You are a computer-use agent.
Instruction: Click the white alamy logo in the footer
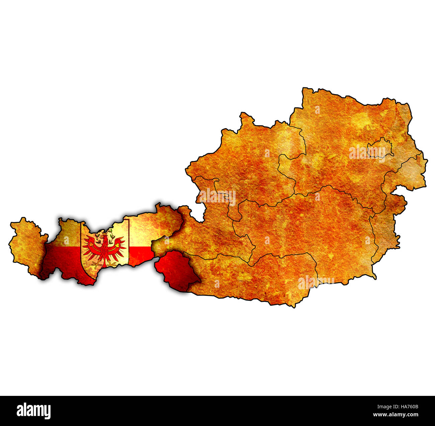pos(34,411)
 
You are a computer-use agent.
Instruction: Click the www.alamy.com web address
pos(396,415)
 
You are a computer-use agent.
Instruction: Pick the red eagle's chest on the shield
pos(104,249)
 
